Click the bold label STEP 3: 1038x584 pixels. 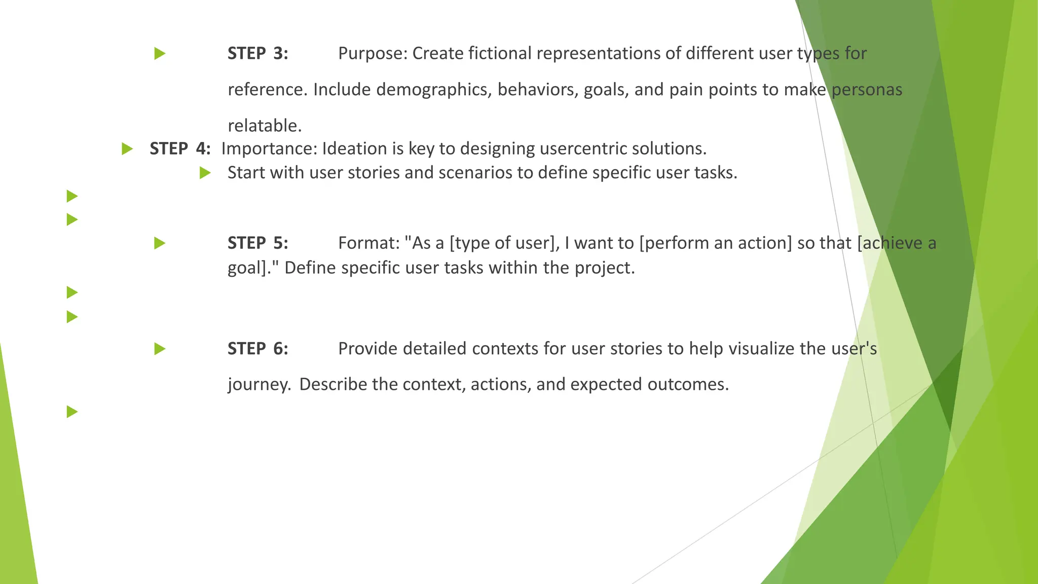[257, 53]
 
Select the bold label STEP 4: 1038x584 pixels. [180, 149]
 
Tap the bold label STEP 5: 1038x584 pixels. [257, 243]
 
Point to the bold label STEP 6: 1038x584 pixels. [257, 349]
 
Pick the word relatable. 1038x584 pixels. [265, 126]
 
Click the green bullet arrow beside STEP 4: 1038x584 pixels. [127, 149]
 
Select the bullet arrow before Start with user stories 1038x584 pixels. [205, 173]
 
